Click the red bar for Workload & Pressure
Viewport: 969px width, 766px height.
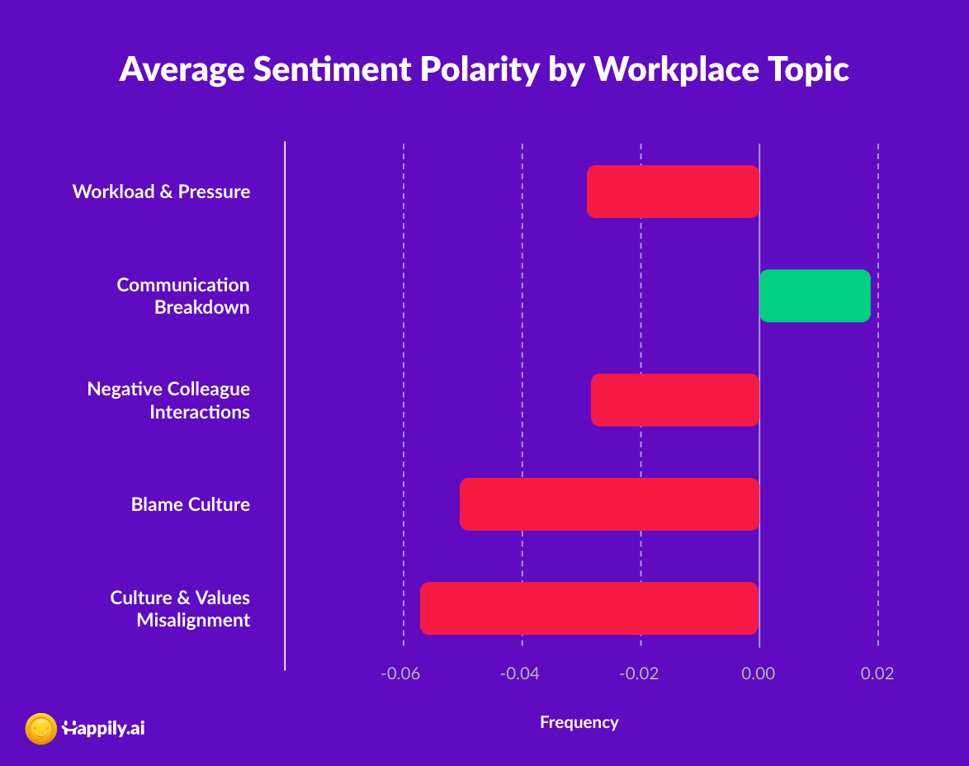(673, 191)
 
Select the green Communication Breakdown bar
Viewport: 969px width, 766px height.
(815, 296)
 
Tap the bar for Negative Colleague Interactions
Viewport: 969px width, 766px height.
(675, 400)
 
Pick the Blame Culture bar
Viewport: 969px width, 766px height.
(609, 504)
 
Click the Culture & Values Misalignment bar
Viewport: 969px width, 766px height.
(589, 608)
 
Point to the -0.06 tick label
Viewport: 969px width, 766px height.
(400, 674)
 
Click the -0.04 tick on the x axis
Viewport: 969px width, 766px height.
(520, 674)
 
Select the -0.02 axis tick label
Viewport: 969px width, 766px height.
(639, 674)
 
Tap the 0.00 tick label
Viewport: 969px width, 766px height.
(759, 674)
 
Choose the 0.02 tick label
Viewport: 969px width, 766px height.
(877, 674)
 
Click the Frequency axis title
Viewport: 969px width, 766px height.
(579, 723)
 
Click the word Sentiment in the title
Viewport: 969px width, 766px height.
(332, 69)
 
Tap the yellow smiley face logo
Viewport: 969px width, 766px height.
(40, 729)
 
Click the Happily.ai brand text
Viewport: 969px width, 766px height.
(103, 729)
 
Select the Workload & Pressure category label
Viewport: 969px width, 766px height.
(161, 191)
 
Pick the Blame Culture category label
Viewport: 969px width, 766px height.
(191, 504)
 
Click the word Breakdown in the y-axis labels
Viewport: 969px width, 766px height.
(202, 307)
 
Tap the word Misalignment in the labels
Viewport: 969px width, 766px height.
(193, 620)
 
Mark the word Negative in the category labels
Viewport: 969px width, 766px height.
(125, 389)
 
